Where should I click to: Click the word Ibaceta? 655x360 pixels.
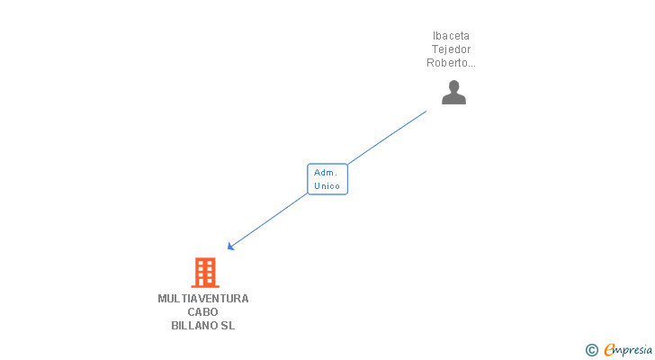pyautogui.click(x=451, y=36)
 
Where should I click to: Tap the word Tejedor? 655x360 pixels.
pyautogui.click(x=451, y=49)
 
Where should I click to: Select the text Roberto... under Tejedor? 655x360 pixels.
pyautogui.click(x=451, y=63)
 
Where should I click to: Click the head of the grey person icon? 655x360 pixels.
pyautogui.click(x=453, y=86)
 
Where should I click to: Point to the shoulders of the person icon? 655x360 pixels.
pyautogui.click(x=453, y=99)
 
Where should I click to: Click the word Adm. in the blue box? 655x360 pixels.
pyautogui.click(x=326, y=173)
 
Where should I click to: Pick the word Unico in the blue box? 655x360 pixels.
pyautogui.click(x=327, y=185)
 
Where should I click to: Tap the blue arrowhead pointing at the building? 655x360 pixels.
pyautogui.click(x=230, y=247)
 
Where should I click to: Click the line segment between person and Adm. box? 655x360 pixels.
pyautogui.click(x=387, y=138)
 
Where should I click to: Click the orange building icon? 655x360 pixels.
pyautogui.click(x=205, y=273)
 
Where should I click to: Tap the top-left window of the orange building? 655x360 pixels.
pyautogui.click(x=200, y=264)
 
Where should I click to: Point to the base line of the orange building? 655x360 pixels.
pyautogui.click(x=205, y=286)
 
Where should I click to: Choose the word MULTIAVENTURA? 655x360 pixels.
pyautogui.click(x=203, y=299)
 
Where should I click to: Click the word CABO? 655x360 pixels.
pyautogui.click(x=202, y=312)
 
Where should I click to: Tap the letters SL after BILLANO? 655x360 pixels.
pyautogui.click(x=228, y=325)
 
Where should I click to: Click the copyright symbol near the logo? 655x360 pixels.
pyautogui.click(x=591, y=350)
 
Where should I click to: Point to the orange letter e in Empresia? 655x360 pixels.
pyautogui.click(x=609, y=349)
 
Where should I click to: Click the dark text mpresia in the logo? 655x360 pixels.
pyautogui.click(x=633, y=350)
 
